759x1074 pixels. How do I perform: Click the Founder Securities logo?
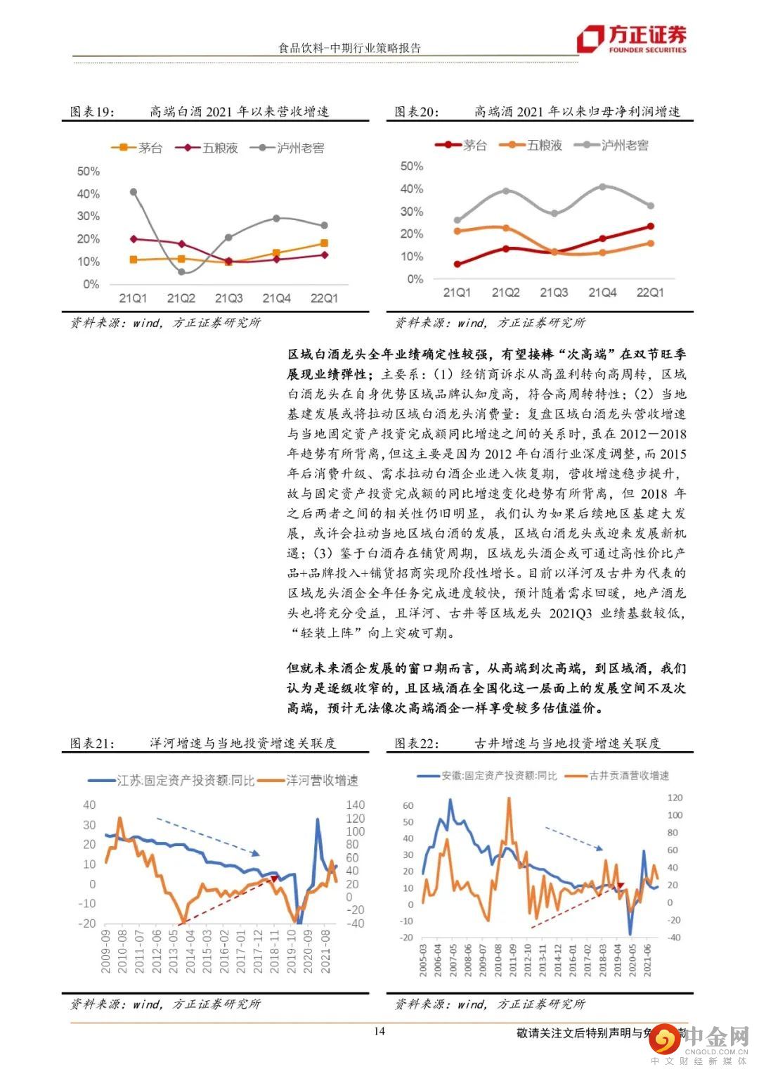(x=631, y=39)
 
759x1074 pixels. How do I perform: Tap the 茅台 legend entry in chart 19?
(x=138, y=148)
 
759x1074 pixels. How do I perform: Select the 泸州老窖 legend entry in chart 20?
(x=612, y=145)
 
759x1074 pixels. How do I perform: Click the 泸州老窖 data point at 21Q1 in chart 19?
(x=133, y=191)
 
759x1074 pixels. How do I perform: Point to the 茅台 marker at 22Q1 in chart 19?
(x=324, y=243)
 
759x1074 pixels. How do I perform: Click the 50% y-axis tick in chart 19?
(x=89, y=172)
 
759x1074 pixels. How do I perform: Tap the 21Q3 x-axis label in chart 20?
(x=554, y=293)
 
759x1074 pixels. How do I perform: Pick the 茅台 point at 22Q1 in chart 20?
(x=650, y=226)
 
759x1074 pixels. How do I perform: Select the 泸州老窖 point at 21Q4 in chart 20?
(x=602, y=186)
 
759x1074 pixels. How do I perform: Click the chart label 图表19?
(x=91, y=112)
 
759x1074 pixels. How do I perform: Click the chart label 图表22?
(x=416, y=743)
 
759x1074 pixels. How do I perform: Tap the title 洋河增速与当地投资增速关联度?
(x=242, y=743)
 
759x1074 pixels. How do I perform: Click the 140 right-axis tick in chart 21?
(x=356, y=805)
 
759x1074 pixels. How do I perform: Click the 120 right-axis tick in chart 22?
(x=675, y=798)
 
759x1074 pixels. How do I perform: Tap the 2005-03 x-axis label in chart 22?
(x=424, y=957)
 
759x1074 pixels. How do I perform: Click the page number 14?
(x=379, y=1032)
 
